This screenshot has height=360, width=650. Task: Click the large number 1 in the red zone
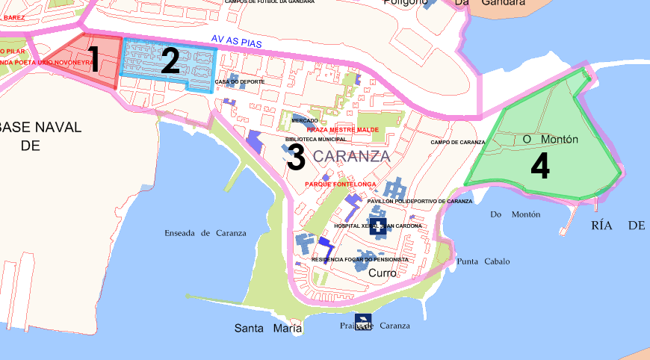tap(93, 60)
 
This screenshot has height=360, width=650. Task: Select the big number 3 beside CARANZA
tap(296, 157)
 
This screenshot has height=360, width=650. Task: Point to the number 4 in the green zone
tap(540, 167)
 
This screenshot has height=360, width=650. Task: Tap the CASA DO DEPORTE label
tap(240, 81)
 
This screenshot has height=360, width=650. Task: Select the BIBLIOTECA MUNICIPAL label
tap(316, 139)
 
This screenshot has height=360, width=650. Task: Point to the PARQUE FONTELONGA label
tap(340, 184)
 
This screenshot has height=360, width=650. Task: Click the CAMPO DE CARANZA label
tap(458, 142)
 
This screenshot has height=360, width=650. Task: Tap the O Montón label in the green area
tap(550, 140)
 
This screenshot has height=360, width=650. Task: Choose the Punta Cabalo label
tap(483, 261)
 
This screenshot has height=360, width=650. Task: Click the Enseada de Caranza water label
tap(205, 233)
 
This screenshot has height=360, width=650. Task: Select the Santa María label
tap(268, 329)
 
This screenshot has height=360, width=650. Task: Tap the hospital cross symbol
tap(380, 226)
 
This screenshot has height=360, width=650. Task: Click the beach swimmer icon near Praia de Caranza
tap(362, 320)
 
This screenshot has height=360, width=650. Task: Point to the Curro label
tap(383, 273)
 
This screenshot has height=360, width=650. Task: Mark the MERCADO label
tap(305, 120)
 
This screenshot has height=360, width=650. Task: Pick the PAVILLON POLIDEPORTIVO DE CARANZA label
tap(420, 201)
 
